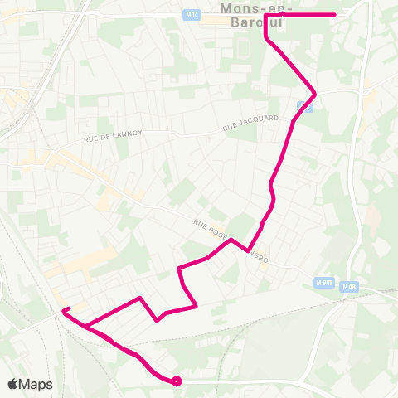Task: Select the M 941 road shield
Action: pos(324,283)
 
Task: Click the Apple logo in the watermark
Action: pos(13,384)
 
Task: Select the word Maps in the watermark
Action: pos(36,384)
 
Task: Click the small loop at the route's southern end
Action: pos(177,381)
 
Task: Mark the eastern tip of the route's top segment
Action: pos(334,15)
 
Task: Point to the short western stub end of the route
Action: pos(64,310)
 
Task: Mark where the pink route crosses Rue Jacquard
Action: pos(294,123)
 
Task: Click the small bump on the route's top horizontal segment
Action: pos(283,13)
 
